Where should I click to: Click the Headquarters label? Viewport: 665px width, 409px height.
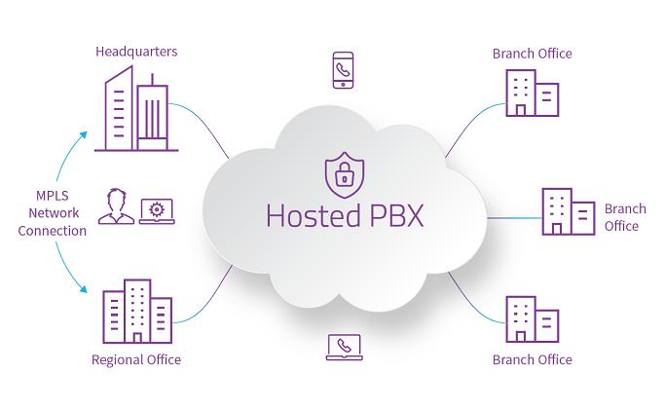[x=136, y=52]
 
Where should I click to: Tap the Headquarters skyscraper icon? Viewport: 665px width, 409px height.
[x=136, y=109]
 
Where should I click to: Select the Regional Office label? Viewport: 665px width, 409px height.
[x=136, y=359]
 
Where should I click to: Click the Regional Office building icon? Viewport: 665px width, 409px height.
[x=137, y=311]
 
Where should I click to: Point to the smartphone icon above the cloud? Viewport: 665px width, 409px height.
[x=343, y=70]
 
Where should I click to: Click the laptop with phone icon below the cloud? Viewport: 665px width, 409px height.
[x=345, y=347]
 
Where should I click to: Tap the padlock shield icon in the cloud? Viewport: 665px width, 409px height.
[x=345, y=175]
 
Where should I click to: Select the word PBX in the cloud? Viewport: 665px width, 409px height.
[x=396, y=216]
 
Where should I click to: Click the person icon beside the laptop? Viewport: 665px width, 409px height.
[x=116, y=206]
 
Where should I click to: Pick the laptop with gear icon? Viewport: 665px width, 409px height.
[x=157, y=211]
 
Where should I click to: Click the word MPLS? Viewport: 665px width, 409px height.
[x=53, y=196]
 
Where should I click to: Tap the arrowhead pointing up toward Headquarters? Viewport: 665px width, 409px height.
[x=83, y=135]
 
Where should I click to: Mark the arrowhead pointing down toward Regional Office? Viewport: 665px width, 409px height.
[x=83, y=289]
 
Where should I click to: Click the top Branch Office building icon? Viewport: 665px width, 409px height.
[x=533, y=93]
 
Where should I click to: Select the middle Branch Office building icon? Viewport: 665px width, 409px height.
[x=569, y=211]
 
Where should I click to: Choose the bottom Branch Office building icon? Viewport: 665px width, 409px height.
[x=533, y=319]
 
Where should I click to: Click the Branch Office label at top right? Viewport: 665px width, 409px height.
[x=533, y=54]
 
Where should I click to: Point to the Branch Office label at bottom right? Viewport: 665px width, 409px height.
[x=533, y=359]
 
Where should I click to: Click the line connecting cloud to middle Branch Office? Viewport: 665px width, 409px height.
[x=514, y=218]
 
